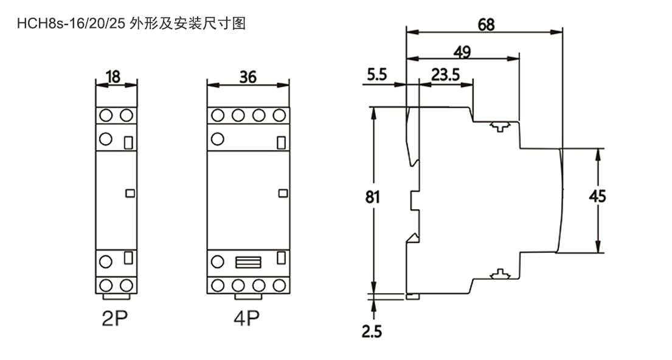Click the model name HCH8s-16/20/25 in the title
click(71, 24)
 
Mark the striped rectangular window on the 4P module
click(248, 263)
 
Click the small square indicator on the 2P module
click(129, 193)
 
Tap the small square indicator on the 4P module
click(282, 193)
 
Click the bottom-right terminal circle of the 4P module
click(280, 285)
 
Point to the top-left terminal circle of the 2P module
click(106, 116)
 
